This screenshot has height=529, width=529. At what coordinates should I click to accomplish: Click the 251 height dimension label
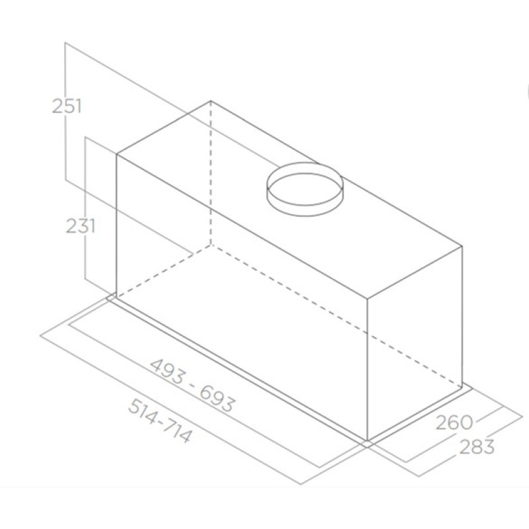(x=67, y=106)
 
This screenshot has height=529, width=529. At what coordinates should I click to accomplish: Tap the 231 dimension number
(x=80, y=225)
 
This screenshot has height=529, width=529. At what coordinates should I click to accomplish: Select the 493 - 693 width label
(x=192, y=386)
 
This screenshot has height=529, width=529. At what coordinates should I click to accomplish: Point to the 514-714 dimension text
(x=160, y=421)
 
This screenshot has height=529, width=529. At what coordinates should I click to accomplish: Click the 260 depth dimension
(x=454, y=423)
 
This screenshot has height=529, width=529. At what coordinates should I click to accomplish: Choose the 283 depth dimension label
(x=477, y=446)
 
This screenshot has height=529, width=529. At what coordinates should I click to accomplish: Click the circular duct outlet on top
(x=305, y=189)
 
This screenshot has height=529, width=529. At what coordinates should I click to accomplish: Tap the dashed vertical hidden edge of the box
(x=211, y=173)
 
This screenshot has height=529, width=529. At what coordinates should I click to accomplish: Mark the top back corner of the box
(x=211, y=101)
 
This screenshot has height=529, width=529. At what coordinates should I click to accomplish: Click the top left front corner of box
(x=116, y=155)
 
